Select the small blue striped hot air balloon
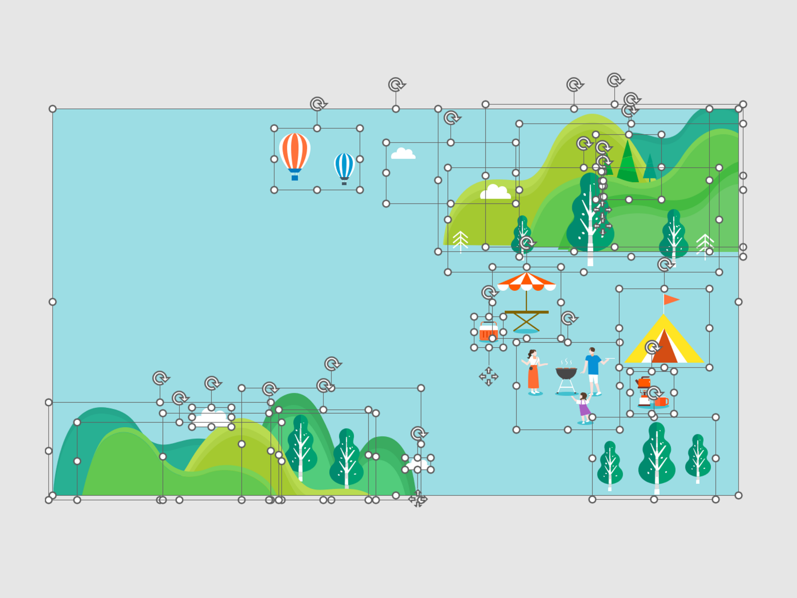344,165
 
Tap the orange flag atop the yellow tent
670,299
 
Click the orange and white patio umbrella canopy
526,281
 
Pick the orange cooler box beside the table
488,332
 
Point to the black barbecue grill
566,373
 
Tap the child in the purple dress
584,407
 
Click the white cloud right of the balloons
403,154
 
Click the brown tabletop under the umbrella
526,312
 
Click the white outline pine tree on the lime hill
460,241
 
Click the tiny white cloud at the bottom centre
418,464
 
